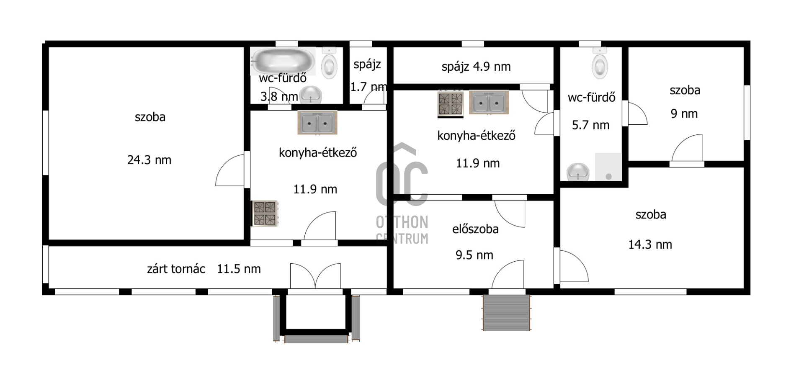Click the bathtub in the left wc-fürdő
click(x=283, y=61)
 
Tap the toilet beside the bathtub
click(x=330, y=63)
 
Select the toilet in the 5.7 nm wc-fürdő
click(x=600, y=63)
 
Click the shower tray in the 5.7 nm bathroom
click(x=608, y=167)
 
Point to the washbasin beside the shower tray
click(x=578, y=172)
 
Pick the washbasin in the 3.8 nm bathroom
click(x=311, y=95)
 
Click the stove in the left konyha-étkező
click(x=265, y=214)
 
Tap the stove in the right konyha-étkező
click(x=451, y=103)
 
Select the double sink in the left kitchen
click(x=317, y=123)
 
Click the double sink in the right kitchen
click(x=489, y=102)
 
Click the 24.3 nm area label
click(x=149, y=160)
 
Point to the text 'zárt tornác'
click(x=176, y=269)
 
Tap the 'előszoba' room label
click(x=475, y=229)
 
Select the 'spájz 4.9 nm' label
click(x=476, y=67)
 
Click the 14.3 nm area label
click(x=650, y=244)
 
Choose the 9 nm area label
click(x=684, y=114)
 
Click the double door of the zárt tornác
click(x=315, y=276)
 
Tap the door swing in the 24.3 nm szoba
click(x=230, y=170)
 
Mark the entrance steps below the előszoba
click(x=506, y=313)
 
